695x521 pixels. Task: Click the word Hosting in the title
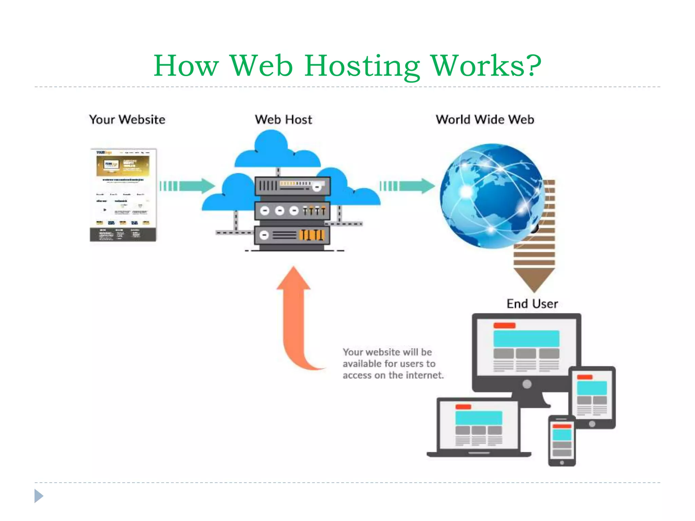362,66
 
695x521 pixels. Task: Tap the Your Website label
127,120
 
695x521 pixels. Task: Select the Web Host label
283,120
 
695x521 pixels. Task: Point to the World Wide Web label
485,120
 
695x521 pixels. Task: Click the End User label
532,304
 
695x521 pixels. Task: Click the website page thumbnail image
123,195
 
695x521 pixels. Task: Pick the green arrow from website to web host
188,186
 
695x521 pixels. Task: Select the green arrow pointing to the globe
408,186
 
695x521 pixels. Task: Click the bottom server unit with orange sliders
292,235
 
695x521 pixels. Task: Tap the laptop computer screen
478,426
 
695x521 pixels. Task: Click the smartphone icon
562,441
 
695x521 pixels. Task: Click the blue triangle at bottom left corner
38,496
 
